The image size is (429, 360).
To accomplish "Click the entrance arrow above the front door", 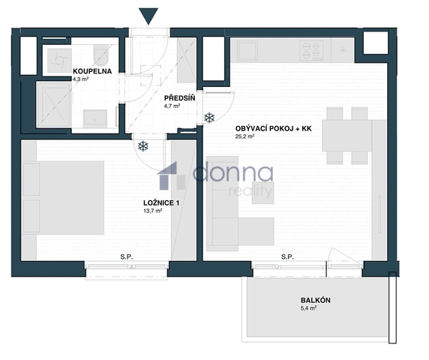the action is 148,16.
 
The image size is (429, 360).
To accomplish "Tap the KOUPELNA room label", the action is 92,71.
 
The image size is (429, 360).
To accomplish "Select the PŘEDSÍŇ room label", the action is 180,98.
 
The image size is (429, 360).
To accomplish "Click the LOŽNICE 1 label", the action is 161,203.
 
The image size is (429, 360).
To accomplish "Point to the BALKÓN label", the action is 316,300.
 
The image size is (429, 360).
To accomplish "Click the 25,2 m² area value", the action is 244,136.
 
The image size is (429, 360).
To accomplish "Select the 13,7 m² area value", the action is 153,211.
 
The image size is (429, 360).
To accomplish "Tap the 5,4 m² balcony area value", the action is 308,308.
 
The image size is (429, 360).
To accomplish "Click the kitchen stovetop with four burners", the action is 312,50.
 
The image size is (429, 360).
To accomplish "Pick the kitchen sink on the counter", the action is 247,51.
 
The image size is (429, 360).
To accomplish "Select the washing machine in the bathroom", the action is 59,61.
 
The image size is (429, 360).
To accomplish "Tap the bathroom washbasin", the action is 95,118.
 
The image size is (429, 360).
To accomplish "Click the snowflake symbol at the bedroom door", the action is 143,146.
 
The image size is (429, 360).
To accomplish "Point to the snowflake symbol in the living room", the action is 209,118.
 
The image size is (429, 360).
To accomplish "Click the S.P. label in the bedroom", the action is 127,256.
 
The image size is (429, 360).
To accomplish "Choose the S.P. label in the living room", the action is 287,256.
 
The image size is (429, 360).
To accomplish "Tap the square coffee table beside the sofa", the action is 263,193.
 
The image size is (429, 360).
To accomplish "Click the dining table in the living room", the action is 346,136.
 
